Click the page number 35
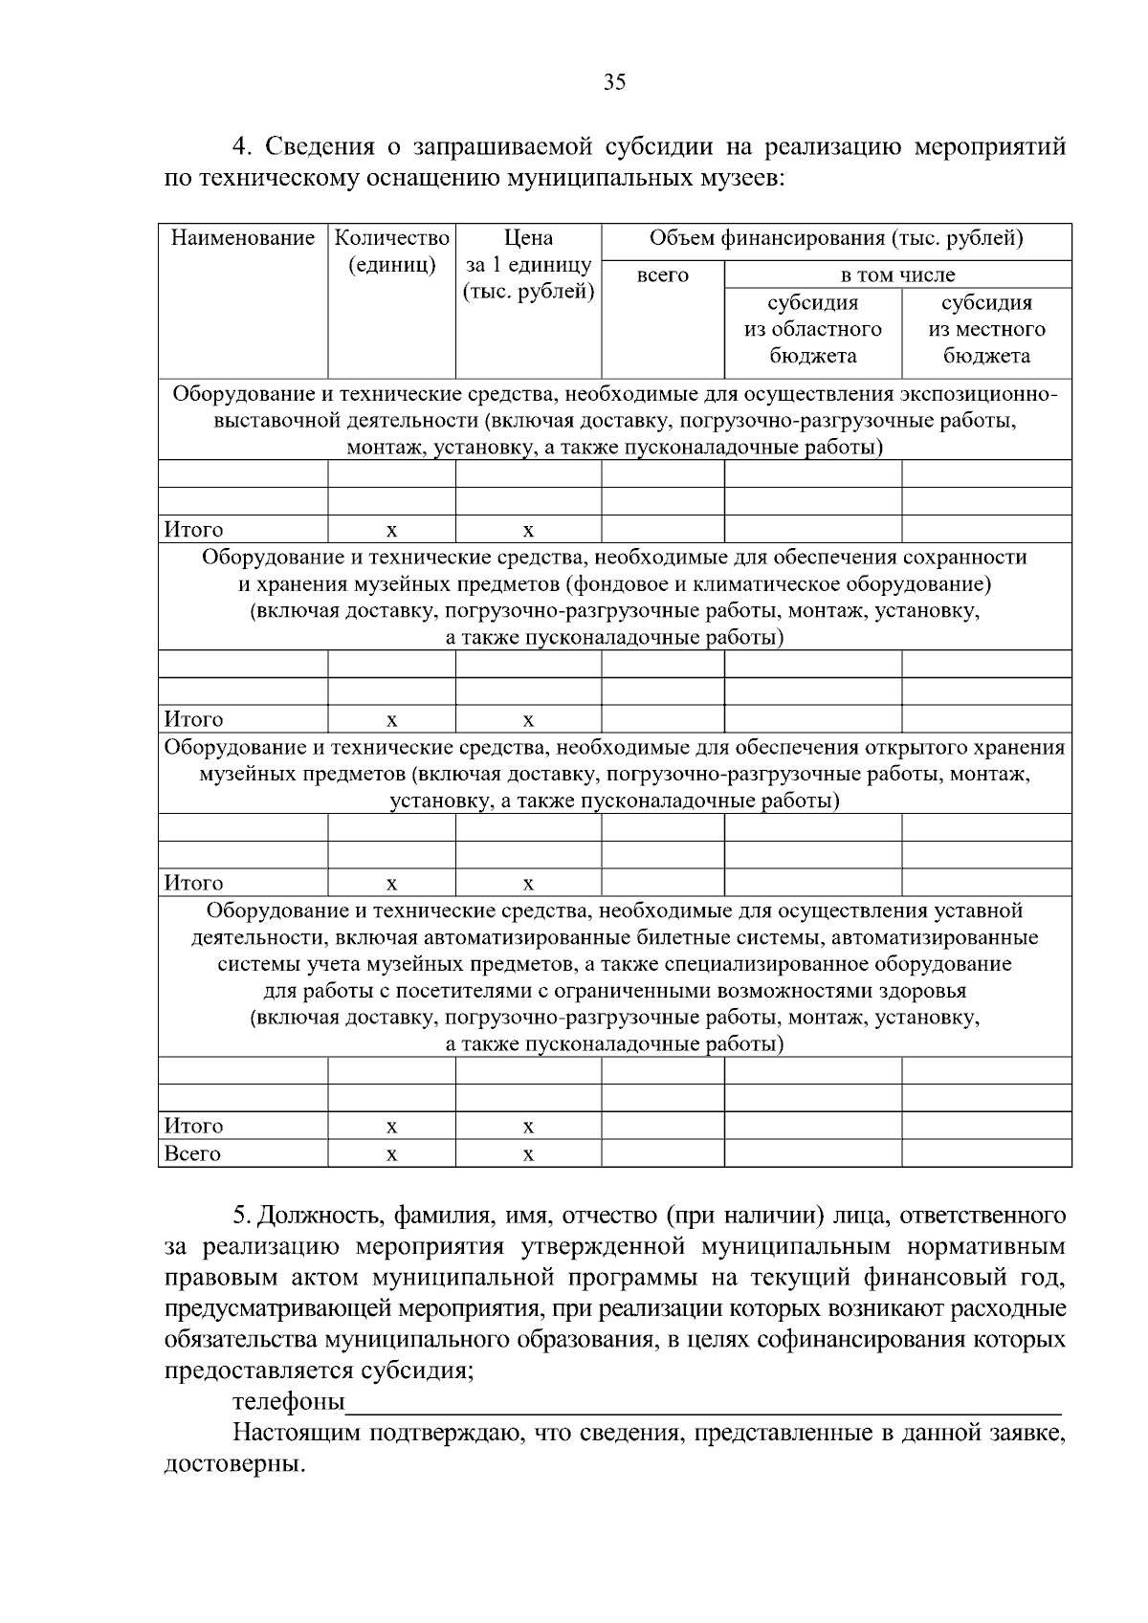point(614,82)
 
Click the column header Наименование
point(243,238)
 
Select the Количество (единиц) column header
point(392,251)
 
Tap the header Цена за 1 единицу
point(528,265)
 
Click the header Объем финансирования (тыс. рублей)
point(836,238)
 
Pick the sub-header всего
point(662,275)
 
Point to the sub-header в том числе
point(897,275)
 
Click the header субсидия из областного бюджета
point(813,330)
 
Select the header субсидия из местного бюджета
point(986,330)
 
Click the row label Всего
point(192,1154)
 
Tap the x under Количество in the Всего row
point(391,1155)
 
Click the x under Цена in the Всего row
point(528,1155)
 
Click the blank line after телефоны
point(704,1406)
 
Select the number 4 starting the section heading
point(241,147)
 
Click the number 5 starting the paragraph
point(240,1217)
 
